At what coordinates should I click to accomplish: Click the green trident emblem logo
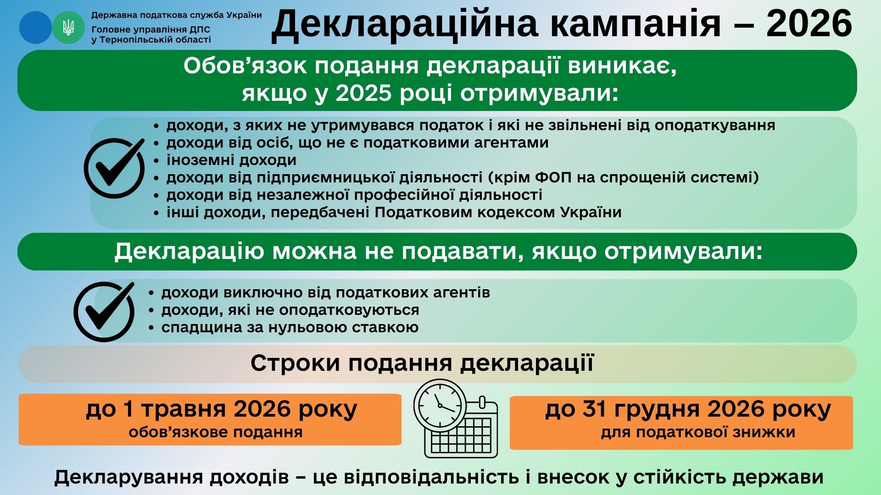point(68,27)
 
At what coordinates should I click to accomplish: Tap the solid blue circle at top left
point(35,27)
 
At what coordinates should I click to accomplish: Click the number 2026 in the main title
point(809,24)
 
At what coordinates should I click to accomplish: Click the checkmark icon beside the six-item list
point(114,168)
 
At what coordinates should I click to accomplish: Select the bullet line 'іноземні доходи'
point(231,160)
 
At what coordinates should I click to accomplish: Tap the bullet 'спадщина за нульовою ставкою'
point(290,327)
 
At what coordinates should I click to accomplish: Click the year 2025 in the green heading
point(363,93)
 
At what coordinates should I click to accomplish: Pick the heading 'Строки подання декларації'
point(422,363)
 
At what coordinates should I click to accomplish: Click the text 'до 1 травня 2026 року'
point(222,409)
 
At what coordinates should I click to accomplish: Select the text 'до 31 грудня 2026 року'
point(688,409)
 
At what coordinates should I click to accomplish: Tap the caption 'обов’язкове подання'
point(216,432)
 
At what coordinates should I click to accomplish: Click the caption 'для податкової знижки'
point(698,432)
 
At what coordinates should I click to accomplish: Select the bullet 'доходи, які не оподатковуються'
point(290,310)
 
